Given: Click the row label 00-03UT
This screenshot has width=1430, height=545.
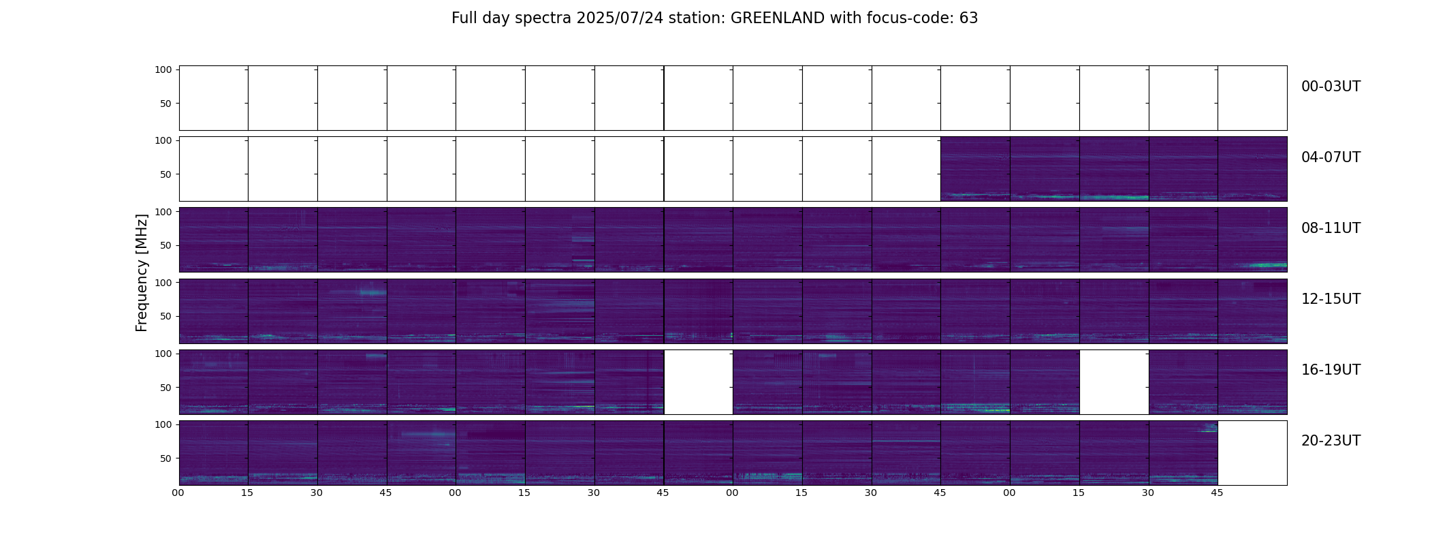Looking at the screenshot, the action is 1331,87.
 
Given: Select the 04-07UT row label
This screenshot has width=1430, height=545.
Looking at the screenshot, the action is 1331,157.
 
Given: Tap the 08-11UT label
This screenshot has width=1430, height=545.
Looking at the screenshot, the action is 1331,228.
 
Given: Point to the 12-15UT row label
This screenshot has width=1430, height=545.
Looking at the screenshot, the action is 1331,299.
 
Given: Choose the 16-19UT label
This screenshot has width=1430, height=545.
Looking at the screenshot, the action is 1331,370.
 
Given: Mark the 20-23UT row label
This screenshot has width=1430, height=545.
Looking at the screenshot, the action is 1331,441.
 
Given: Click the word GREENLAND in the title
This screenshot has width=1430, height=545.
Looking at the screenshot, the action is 778,18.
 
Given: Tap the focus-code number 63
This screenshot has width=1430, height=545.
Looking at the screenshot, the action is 969,18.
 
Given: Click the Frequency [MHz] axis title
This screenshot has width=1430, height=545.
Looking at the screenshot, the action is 142,273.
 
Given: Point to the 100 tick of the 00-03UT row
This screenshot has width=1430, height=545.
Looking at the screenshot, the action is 163,69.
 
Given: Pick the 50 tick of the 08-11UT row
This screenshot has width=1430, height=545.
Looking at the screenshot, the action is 166,245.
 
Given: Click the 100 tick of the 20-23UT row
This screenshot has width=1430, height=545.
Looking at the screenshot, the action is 163,424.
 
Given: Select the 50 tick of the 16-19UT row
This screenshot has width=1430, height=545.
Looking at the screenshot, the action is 166,388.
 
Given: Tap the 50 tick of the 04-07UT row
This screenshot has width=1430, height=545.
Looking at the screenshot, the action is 166,174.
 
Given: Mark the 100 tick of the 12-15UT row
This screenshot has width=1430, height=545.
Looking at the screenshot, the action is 163,282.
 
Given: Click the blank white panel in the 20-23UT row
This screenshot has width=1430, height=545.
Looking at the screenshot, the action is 1252,453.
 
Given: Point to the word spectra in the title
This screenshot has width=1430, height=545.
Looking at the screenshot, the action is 543,19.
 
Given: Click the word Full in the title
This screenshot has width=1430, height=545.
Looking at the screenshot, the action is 465,18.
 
